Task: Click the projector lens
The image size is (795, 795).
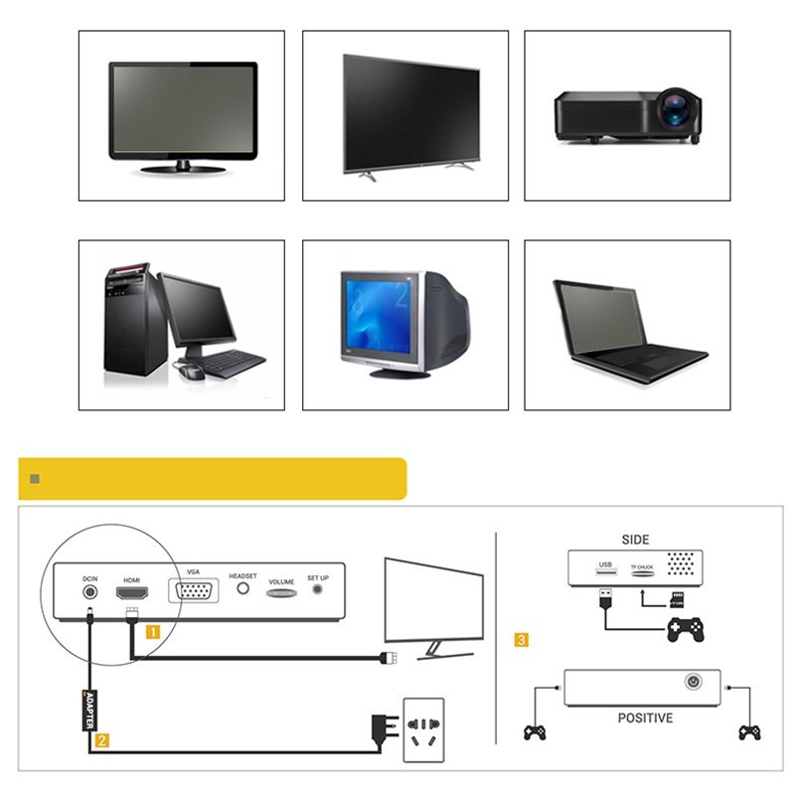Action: [678, 112]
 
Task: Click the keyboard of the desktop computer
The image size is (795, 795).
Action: [234, 362]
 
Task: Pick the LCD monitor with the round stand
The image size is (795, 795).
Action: [182, 116]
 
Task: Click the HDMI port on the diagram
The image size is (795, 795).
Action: [132, 594]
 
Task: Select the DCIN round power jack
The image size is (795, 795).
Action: [89, 592]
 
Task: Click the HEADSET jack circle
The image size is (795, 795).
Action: [241, 588]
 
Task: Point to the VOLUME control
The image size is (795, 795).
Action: [281, 592]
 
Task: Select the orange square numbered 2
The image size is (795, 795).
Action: [101, 739]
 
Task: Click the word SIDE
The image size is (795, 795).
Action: [635, 540]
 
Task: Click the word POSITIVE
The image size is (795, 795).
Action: [645, 717]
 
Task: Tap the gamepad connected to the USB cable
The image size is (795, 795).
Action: [685, 628]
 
